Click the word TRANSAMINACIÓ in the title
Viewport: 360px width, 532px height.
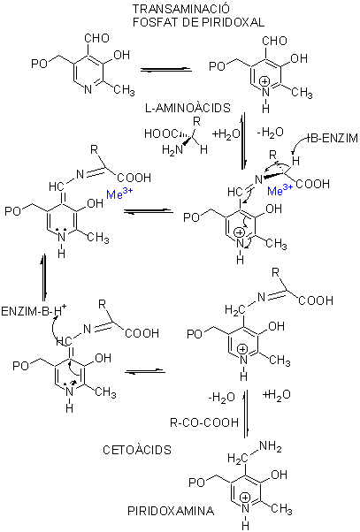[181, 9]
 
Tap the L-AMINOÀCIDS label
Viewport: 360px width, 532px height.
[188, 108]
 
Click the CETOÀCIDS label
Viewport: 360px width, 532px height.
[137, 450]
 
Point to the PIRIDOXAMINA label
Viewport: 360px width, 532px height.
[171, 511]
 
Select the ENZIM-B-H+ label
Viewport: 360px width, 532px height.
[34, 310]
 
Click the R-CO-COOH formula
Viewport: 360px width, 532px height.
[204, 422]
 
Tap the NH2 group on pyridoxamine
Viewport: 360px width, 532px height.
[271, 447]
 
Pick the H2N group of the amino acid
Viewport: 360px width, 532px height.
[172, 149]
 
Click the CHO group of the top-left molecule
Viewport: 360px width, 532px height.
[96, 38]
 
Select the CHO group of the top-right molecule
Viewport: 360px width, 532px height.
[274, 41]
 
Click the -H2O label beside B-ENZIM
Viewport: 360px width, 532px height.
[270, 133]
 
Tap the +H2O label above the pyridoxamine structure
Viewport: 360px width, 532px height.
[277, 395]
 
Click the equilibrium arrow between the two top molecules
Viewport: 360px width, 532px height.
[166, 70]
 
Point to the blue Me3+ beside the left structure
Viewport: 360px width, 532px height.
[119, 194]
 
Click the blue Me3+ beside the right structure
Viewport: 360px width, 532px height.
[280, 191]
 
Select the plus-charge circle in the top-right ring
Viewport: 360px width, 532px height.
[265, 82]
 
